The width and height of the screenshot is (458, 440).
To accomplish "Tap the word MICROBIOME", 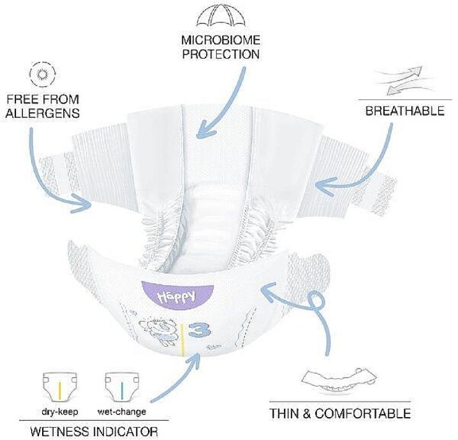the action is pos(221,40).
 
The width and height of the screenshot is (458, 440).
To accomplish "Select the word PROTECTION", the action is pos(221,54).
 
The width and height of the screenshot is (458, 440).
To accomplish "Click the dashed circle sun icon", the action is pos(43,74).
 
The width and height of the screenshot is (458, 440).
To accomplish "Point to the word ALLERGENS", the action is pos(43,114).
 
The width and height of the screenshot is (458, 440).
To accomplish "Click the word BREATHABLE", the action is pos(405,111).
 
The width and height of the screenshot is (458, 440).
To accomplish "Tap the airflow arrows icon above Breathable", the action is pos(404,80).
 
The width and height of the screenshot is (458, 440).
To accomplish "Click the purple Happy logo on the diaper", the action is pos(177,295).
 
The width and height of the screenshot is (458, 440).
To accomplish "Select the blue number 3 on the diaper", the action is pos(200,330).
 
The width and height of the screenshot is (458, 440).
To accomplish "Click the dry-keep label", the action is pos(60,412).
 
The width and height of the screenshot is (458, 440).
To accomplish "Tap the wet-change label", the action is pos(121,412).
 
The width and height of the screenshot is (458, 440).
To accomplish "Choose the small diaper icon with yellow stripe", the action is pos(60,387).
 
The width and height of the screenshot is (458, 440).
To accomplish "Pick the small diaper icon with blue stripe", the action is pos(122,387).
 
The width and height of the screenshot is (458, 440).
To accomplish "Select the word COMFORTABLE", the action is pos(363,414).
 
